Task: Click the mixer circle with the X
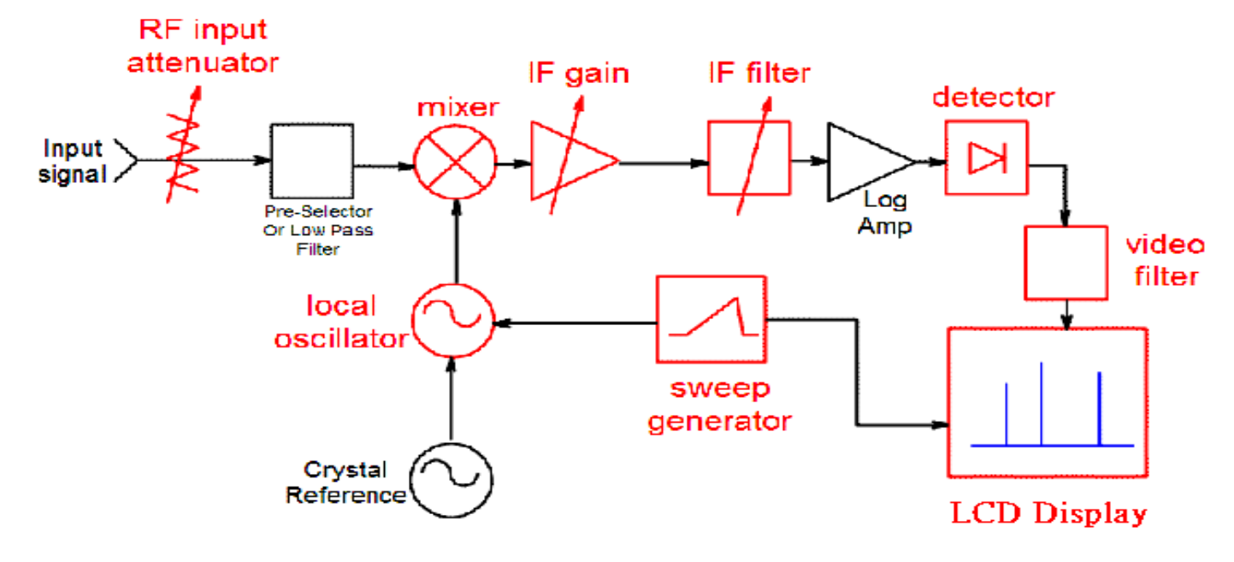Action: point(455,162)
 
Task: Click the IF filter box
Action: point(748,161)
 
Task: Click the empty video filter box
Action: point(1066,263)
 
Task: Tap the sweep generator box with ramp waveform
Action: point(711,318)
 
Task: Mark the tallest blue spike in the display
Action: point(1041,403)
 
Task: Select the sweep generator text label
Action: point(718,404)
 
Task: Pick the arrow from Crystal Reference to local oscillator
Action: point(452,398)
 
